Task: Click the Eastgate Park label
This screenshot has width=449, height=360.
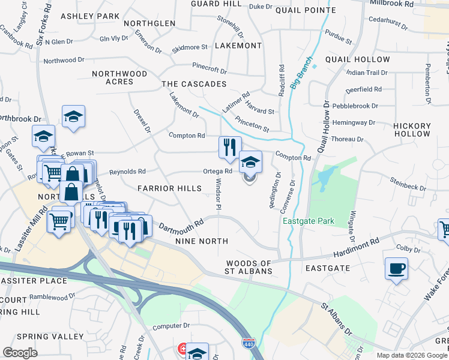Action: (308, 221)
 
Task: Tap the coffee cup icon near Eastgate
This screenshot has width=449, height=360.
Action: (396, 268)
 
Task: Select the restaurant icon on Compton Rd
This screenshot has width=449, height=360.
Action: (229, 148)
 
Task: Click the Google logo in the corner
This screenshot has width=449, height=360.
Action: (20, 353)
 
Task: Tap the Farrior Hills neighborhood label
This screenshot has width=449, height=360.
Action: (169, 188)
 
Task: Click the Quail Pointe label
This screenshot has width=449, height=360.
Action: (306, 10)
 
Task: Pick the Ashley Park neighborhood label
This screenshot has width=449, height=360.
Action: (90, 16)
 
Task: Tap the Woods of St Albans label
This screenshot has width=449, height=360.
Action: (249, 267)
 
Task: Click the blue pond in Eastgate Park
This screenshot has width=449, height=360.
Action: (325, 176)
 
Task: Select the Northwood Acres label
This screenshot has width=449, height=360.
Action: (119, 77)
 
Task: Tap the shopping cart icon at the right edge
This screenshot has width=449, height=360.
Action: (445, 229)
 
